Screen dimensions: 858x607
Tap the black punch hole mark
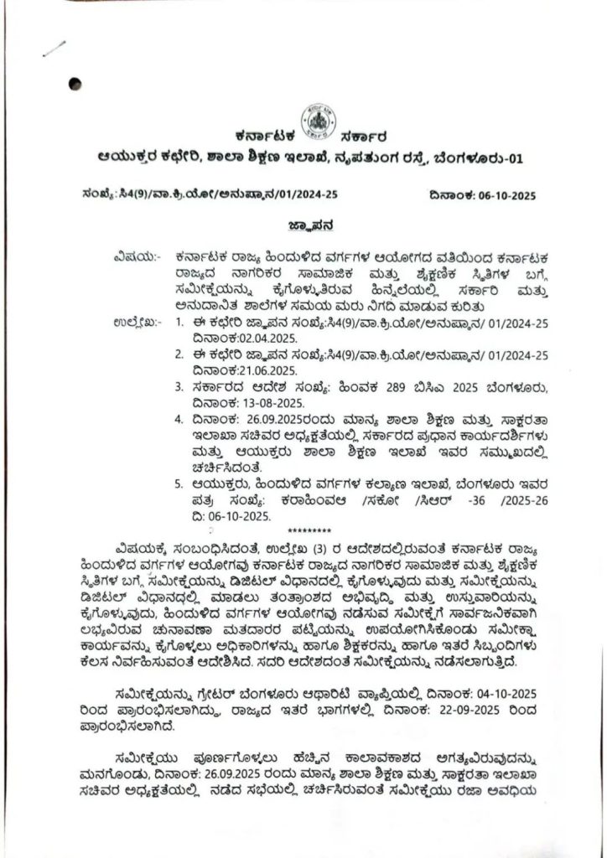75,83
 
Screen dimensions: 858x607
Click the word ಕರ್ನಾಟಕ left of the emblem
262,135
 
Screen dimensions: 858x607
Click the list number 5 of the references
179,484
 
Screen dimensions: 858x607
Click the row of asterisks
304,532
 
